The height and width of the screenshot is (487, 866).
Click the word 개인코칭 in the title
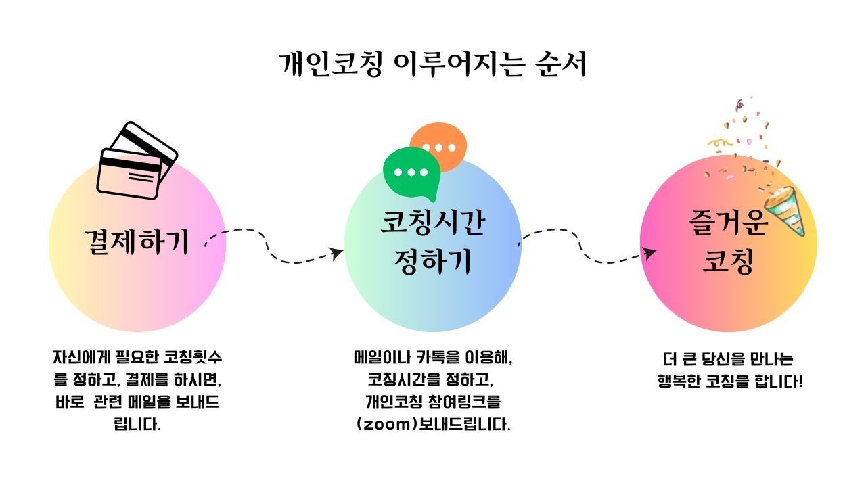(x=331, y=65)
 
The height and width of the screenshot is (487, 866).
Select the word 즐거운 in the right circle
(x=728, y=223)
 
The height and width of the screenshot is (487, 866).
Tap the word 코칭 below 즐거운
(x=728, y=262)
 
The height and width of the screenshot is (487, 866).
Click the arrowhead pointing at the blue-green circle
(x=336, y=253)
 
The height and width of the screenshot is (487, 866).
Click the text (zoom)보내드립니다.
(x=433, y=425)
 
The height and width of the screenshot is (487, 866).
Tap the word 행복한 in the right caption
(x=681, y=380)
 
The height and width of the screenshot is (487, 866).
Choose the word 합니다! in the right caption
(x=779, y=380)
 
